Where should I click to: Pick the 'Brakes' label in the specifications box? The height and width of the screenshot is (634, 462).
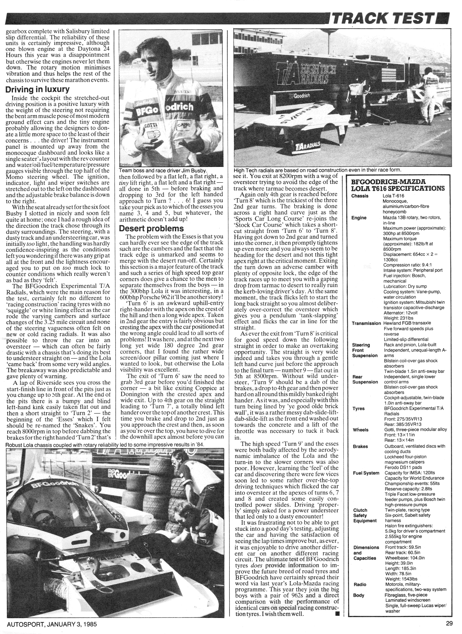[360, 446]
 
